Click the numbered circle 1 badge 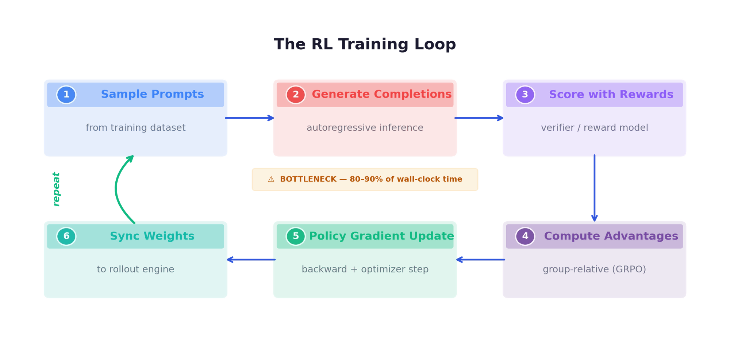click(x=66, y=95)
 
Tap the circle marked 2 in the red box click(x=296, y=95)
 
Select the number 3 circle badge click(x=525, y=95)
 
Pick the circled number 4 click(x=525, y=236)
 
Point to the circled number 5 click(x=296, y=236)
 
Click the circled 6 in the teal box click(x=66, y=236)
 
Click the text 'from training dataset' click(x=135, y=127)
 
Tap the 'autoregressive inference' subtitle click(x=365, y=127)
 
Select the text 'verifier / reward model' click(x=594, y=127)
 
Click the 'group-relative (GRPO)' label click(x=594, y=269)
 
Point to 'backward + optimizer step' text click(x=365, y=269)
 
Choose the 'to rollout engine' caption click(x=135, y=269)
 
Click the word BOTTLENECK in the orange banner click(x=308, y=179)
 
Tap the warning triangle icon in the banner click(x=271, y=179)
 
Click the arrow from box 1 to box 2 click(x=250, y=118)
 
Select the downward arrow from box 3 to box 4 click(x=594, y=188)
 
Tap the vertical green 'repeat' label click(x=57, y=188)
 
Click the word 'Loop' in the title click(x=435, y=44)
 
